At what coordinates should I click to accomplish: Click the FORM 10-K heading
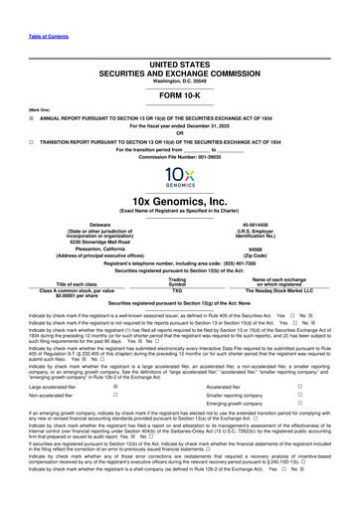[180, 85]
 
